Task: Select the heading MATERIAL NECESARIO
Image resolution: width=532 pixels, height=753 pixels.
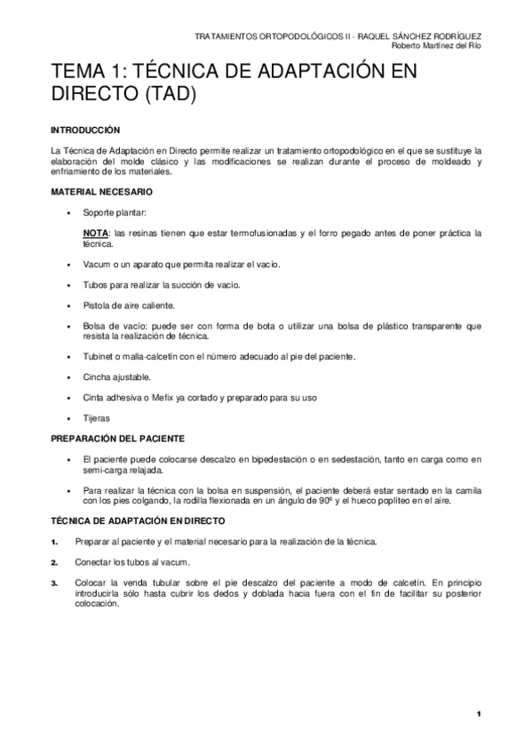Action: click(x=101, y=192)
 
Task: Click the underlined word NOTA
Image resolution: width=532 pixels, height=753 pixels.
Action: click(x=95, y=234)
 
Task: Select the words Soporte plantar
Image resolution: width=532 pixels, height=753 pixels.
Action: click(x=115, y=213)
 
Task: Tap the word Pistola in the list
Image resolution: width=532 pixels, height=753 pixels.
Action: click(x=97, y=305)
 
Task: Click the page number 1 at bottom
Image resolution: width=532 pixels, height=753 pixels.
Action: click(x=479, y=715)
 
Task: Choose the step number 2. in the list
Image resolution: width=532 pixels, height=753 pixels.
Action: click(x=55, y=562)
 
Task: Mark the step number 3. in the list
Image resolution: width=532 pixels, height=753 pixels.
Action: click(x=55, y=583)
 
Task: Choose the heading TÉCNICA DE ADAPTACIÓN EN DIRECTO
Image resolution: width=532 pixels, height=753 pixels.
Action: click(x=138, y=520)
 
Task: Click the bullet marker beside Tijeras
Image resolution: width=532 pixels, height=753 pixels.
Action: click(x=68, y=418)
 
